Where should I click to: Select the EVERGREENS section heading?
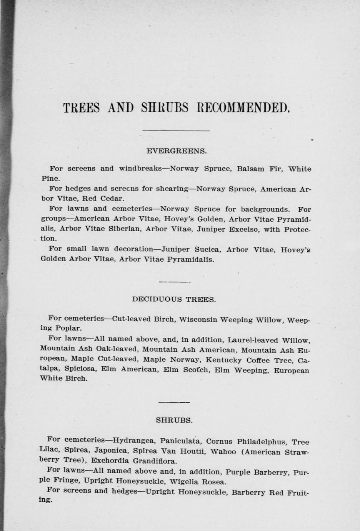coord(177,151)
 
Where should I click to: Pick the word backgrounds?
coord(265,210)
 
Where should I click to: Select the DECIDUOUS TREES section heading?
coord(174,299)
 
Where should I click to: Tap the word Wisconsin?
coord(197,319)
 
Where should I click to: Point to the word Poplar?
coord(68,329)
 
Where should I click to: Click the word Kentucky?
coord(224,360)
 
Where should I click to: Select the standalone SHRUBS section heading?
coord(174,420)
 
